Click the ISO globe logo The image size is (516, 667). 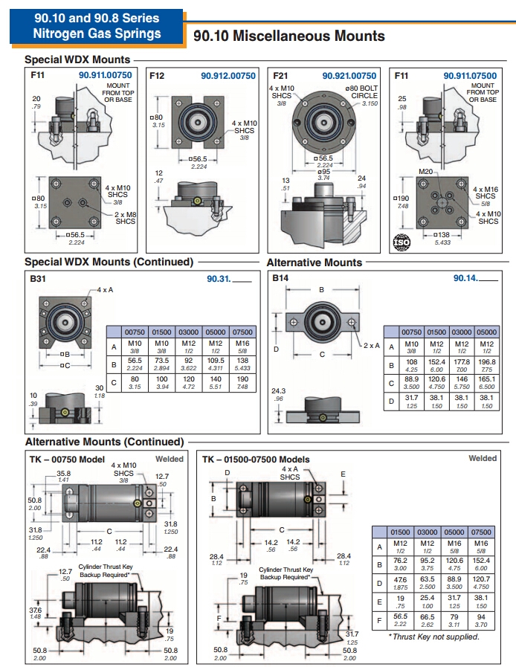(x=401, y=242)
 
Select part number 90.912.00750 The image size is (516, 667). (x=228, y=76)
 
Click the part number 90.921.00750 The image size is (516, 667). (x=349, y=76)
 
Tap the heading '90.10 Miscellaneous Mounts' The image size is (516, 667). (x=288, y=36)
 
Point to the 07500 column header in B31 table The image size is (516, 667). (x=242, y=332)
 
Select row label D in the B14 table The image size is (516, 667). (x=391, y=401)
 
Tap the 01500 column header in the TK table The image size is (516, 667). (x=400, y=532)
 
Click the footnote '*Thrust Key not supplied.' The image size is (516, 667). (x=433, y=637)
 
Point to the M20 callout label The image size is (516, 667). (x=425, y=172)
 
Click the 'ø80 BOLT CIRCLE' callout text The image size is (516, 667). (x=361, y=92)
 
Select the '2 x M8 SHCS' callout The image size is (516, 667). (x=125, y=218)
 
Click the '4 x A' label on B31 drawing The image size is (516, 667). (x=105, y=290)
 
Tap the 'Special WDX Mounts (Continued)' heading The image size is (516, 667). (x=109, y=262)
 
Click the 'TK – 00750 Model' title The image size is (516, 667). (x=67, y=460)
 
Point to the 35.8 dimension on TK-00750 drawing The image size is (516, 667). (x=64, y=474)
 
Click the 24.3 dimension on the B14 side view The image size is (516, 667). (x=279, y=391)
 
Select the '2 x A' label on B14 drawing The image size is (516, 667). (x=372, y=346)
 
